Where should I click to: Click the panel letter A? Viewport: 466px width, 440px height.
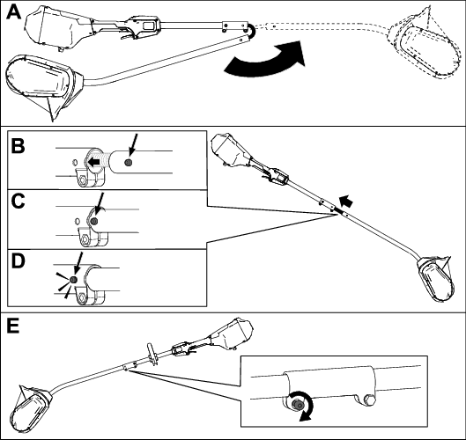click(x=14, y=12)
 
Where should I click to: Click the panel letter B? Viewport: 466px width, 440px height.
click(x=18, y=146)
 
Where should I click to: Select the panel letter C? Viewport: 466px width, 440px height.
click(x=18, y=202)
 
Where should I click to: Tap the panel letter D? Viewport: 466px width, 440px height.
click(x=18, y=261)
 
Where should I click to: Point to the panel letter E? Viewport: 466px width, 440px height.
click(x=13, y=326)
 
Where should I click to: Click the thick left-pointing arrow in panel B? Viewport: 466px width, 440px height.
click(x=94, y=162)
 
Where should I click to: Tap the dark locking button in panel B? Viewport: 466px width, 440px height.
click(x=129, y=163)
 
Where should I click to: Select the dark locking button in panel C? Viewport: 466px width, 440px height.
click(x=94, y=221)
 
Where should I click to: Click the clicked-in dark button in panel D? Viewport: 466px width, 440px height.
click(x=73, y=279)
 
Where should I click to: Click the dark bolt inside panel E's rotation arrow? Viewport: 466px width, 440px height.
click(x=296, y=405)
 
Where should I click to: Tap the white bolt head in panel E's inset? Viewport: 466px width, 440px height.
click(x=369, y=399)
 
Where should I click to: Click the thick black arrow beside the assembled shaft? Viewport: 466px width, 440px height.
click(x=346, y=202)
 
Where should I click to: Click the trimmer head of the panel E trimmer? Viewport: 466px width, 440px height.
click(x=31, y=409)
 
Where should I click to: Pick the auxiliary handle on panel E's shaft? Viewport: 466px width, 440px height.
click(x=152, y=354)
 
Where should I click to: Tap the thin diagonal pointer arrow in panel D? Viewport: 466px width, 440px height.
click(x=78, y=263)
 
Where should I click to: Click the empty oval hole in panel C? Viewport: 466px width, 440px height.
click(x=78, y=221)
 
